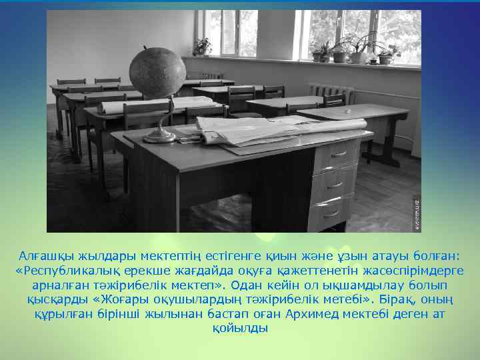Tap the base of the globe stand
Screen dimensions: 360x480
point(159,137)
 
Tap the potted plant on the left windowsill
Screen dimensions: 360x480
point(202,47)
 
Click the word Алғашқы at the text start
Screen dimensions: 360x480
point(46,257)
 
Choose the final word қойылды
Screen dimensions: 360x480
point(240,328)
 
